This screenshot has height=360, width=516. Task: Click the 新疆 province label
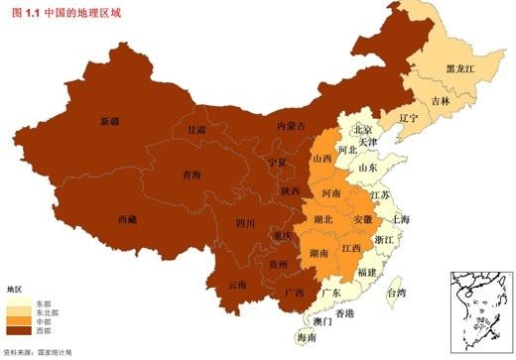tap(109, 121)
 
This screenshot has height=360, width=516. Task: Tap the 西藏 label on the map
tap(128, 218)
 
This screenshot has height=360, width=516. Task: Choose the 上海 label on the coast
tap(402, 218)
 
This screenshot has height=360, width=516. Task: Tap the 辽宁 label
tap(408, 117)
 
